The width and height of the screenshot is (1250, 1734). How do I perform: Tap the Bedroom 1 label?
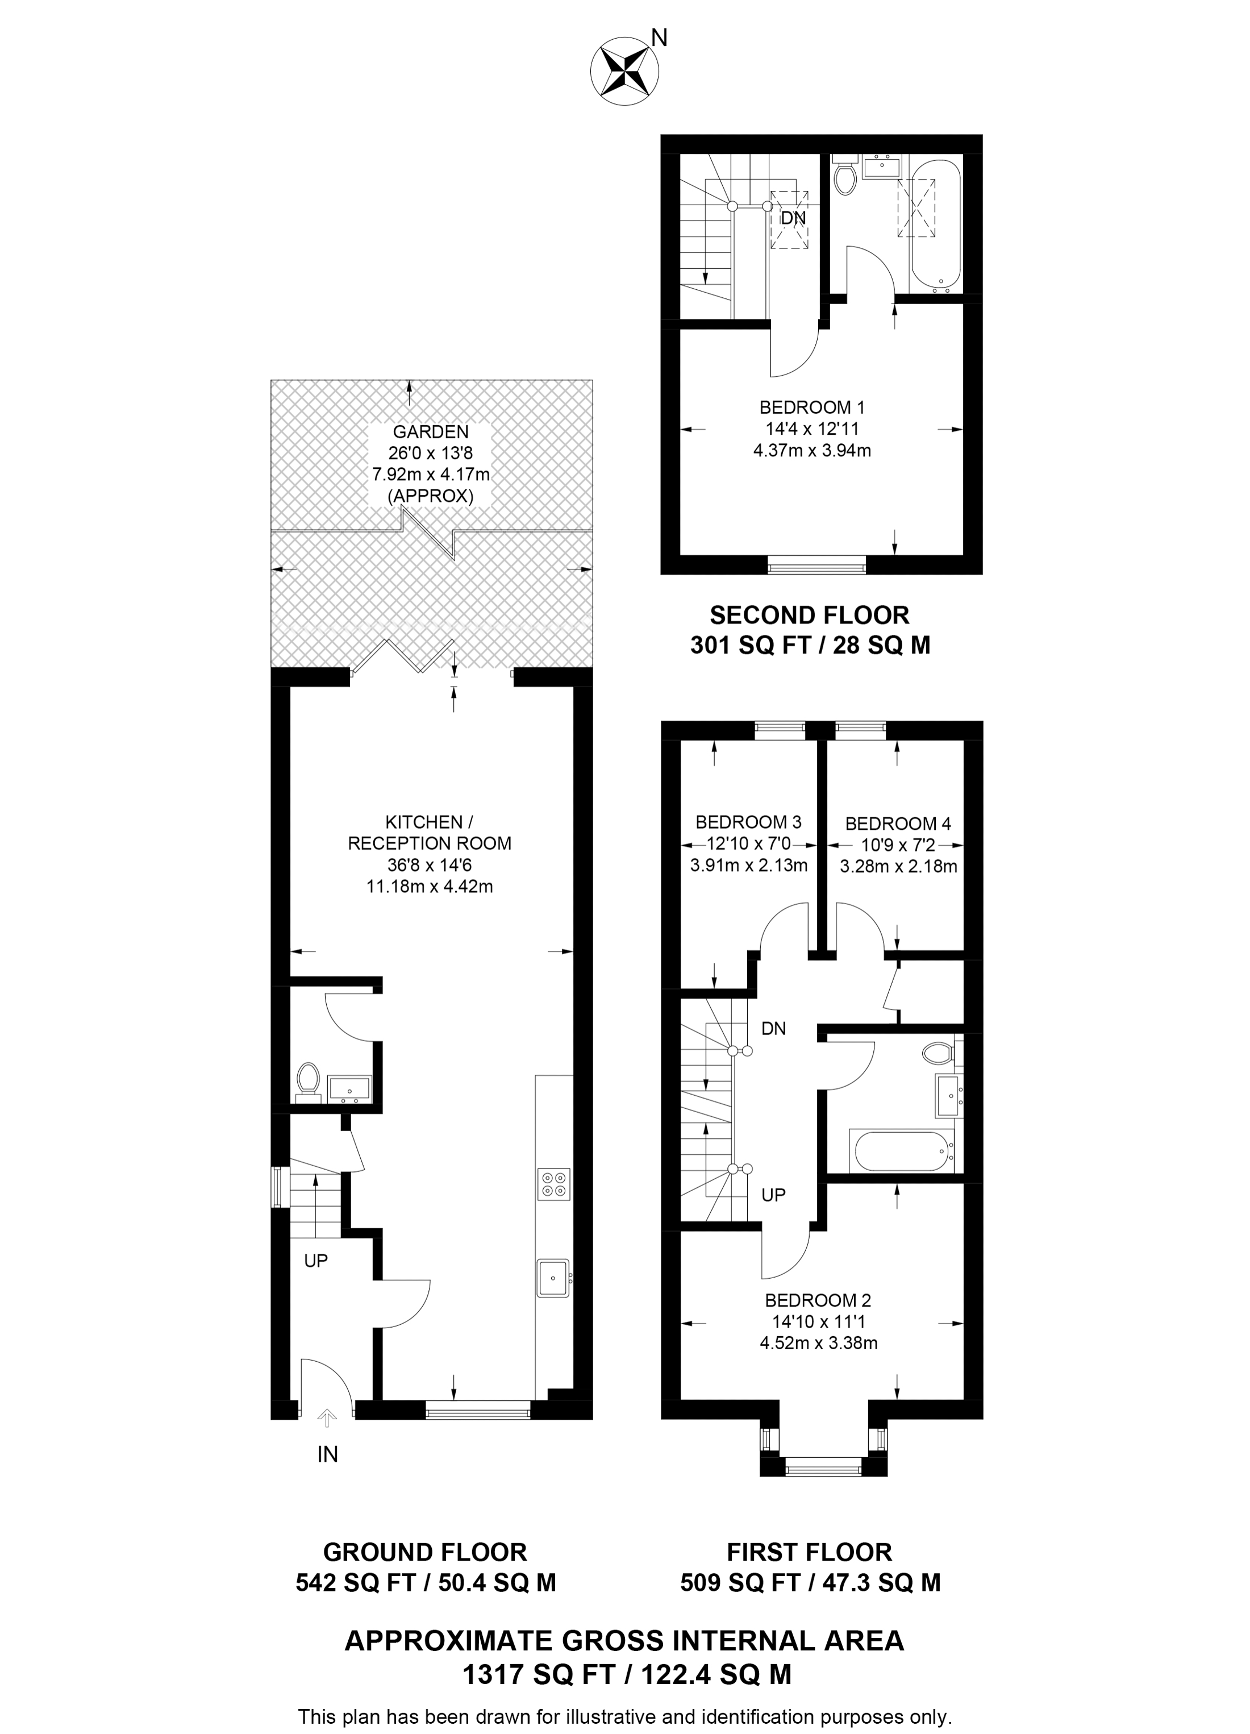(x=812, y=407)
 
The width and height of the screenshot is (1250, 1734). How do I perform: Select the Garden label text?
(x=431, y=432)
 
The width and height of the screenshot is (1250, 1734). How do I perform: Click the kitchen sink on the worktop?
(x=553, y=1278)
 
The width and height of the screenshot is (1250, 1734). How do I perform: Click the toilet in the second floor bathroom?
(x=845, y=174)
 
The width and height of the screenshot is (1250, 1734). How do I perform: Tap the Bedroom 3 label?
(x=748, y=822)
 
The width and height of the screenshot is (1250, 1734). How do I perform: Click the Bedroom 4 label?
(x=898, y=824)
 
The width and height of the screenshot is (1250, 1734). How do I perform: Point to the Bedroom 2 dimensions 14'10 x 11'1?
(x=818, y=1322)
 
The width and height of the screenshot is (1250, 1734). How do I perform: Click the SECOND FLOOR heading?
(x=810, y=616)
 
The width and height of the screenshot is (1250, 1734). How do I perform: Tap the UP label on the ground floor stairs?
(x=316, y=1261)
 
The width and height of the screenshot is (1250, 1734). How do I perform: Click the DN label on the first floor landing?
(x=774, y=1029)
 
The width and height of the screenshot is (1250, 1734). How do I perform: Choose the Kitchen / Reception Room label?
(x=430, y=833)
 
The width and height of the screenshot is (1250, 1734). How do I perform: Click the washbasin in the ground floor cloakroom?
(x=349, y=1087)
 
